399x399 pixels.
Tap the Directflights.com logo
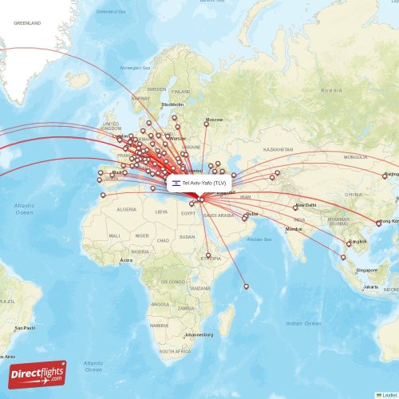(x=38, y=374)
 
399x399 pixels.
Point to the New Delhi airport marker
(x=294, y=207)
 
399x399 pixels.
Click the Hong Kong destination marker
(x=378, y=223)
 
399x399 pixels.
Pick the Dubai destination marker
(x=246, y=216)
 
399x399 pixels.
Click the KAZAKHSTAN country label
(x=279, y=149)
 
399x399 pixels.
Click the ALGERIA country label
(x=127, y=209)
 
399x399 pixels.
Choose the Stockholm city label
(x=172, y=105)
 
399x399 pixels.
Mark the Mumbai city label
(x=294, y=230)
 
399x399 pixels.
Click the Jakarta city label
(x=371, y=286)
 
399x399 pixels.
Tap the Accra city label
(x=127, y=260)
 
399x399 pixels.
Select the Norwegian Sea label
(x=135, y=68)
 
